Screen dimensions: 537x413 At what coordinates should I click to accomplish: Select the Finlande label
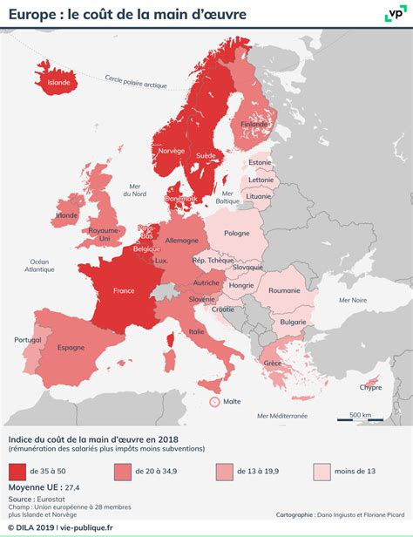[254, 124]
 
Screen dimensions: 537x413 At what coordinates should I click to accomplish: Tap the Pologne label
[236, 234]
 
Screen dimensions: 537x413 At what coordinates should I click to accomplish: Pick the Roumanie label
[284, 291]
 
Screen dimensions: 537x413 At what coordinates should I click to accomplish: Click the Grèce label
[273, 363]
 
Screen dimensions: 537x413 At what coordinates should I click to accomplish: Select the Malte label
[231, 402]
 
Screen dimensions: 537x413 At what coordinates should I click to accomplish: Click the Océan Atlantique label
[40, 266]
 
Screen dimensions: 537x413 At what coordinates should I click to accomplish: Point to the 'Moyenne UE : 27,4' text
[44, 488]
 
